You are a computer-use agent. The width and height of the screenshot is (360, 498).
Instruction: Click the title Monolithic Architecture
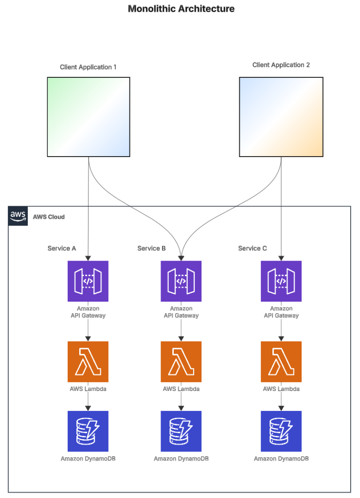tap(181, 9)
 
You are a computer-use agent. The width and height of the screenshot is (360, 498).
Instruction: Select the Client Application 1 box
tap(89, 117)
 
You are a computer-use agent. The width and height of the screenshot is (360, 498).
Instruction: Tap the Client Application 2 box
tap(281, 117)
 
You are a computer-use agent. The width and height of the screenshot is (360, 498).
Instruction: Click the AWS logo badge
tap(18, 216)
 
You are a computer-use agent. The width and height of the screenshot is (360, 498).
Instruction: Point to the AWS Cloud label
tap(49, 216)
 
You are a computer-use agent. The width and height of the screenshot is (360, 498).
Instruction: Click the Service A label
tap(62, 249)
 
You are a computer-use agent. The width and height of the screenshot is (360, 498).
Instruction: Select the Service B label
tap(151, 249)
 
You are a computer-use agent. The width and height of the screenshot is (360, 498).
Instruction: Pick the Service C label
tap(252, 249)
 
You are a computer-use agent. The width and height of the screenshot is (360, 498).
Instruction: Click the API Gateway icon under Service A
tap(88, 281)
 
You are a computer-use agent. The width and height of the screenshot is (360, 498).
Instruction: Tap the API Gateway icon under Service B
tap(181, 281)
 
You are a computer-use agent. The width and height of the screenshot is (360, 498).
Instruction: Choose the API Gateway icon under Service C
tap(281, 281)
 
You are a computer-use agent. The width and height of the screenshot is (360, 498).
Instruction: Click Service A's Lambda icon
tap(88, 361)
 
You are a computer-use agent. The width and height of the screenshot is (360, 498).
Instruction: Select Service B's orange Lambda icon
tap(181, 361)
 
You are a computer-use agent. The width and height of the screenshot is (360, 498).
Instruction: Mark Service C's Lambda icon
tap(281, 361)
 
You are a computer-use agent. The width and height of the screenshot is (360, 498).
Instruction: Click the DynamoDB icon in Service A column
tap(88, 431)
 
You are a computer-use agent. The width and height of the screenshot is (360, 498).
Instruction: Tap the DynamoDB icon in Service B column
tap(181, 431)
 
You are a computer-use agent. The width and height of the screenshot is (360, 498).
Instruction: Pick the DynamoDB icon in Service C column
tap(281, 431)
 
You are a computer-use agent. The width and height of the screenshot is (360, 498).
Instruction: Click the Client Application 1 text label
tap(88, 67)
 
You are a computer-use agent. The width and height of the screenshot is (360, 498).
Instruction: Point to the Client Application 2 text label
tap(281, 65)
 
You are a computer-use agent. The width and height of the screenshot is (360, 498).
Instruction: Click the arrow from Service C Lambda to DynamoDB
tap(281, 402)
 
